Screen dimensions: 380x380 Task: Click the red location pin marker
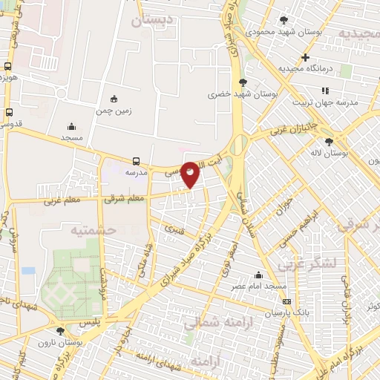click(191, 174)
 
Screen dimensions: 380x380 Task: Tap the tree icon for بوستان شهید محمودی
click(284, 20)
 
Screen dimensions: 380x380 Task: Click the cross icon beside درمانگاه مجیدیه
click(305, 57)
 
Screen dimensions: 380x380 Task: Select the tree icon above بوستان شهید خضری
click(243, 82)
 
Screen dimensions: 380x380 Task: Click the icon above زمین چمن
click(114, 99)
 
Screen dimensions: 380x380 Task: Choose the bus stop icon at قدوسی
click(9, 113)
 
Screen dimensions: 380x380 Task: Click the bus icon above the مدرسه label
click(136, 160)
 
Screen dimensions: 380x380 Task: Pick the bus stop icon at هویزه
click(8, 65)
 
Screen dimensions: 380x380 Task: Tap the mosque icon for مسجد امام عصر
click(257, 274)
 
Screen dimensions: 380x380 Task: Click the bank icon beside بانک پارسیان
click(287, 301)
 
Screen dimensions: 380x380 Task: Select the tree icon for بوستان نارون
click(61, 331)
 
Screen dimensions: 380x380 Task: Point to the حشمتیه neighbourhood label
click(94, 230)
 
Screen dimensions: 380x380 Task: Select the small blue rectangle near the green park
click(28, 270)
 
